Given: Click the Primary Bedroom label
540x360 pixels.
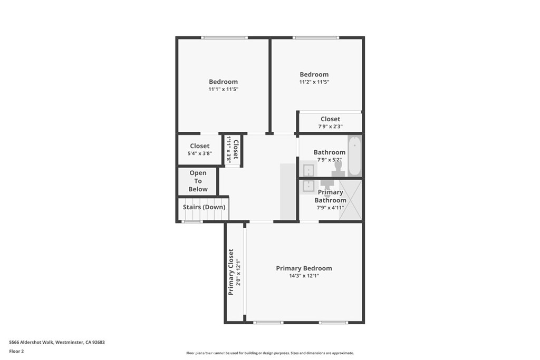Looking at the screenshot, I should tap(304, 268).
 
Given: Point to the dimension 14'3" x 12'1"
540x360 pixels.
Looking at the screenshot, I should tap(304, 276).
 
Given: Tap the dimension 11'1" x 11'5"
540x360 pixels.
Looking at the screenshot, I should tap(223, 90).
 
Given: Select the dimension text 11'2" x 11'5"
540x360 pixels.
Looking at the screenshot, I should tap(314, 82).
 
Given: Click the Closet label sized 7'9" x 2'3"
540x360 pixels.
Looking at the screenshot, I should tap(330, 119).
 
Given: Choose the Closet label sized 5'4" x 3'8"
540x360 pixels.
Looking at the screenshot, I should tap(200, 146).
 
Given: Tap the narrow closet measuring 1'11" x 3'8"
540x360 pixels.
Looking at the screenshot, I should tap(233, 150).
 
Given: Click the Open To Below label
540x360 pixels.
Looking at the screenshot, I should tap(198, 181).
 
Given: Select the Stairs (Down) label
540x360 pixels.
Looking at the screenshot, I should tap(204, 207).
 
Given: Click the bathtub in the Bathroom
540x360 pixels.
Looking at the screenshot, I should tap(354, 156).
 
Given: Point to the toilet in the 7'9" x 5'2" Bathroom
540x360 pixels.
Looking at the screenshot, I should tap(338, 168).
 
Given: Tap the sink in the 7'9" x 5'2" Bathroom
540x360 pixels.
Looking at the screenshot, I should tap(308, 170).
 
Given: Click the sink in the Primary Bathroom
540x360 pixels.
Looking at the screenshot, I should tap(308, 186).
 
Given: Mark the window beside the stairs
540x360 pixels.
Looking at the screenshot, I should tap(192, 221).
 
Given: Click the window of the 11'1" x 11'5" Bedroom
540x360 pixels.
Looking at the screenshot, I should tap(224, 37).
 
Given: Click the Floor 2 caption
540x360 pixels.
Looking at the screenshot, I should tap(17, 351).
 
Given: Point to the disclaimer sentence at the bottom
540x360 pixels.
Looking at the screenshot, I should tap(269, 353).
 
